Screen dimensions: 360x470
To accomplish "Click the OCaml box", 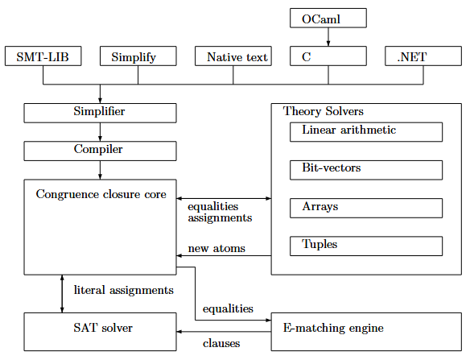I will click(328, 18).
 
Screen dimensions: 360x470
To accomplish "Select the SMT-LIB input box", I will click(43, 56).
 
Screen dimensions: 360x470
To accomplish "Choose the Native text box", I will click(233, 56).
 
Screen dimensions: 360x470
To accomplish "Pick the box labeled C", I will click(328, 56).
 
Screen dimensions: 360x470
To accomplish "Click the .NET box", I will click(423, 56).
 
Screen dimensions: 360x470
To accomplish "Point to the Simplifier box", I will click(100, 112).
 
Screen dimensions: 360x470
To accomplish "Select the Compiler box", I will click(100, 150).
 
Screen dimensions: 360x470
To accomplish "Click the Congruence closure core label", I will click(101, 194).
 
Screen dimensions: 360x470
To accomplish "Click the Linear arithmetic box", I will click(365, 131).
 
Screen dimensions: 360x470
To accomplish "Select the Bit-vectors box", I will click(365, 169).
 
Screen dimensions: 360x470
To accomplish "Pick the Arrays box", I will click(365, 207).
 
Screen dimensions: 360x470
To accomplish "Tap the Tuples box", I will click(365, 245).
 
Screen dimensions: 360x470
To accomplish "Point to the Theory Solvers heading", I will click(323, 111).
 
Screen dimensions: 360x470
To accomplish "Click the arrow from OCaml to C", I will click(328, 37).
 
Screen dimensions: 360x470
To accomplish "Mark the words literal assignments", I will click(123, 289).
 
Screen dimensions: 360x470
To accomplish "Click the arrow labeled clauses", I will click(224, 331).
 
